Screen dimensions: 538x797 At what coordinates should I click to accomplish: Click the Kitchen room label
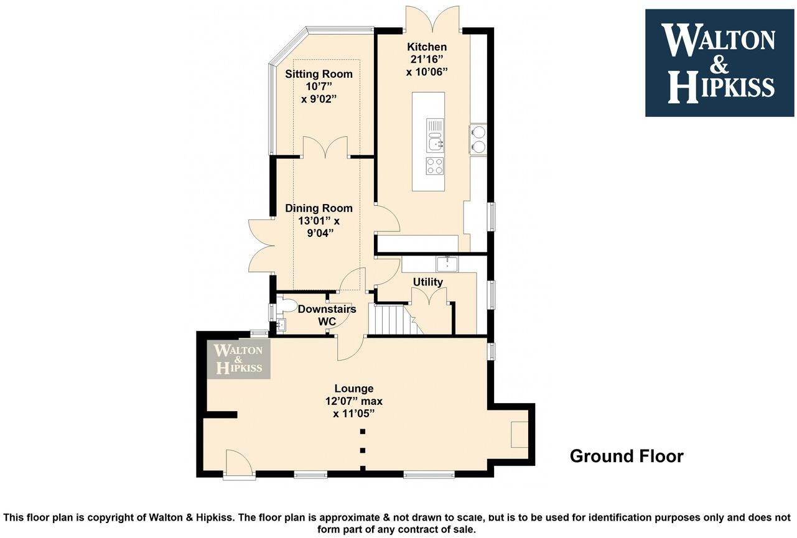(x=426, y=47)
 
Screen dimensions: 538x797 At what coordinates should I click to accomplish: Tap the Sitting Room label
(x=319, y=74)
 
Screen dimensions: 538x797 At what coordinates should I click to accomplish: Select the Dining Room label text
(x=319, y=208)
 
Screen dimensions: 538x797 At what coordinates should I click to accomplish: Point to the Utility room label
(x=428, y=282)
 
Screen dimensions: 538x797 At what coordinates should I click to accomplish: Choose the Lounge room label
(x=353, y=389)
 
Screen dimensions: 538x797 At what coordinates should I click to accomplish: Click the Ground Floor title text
(x=626, y=456)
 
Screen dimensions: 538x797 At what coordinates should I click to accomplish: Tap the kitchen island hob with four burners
(x=435, y=166)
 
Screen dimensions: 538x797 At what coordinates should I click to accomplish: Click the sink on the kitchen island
(x=435, y=142)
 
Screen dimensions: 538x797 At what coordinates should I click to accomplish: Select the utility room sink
(x=447, y=264)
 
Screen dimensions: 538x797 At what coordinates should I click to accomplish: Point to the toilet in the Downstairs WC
(x=287, y=305)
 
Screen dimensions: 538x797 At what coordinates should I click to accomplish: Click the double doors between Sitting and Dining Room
(x=324, y=147)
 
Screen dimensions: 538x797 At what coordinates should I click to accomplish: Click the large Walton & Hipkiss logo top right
(x=719, y=63)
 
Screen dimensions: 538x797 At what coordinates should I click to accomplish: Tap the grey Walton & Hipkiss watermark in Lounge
(x=239, y=359)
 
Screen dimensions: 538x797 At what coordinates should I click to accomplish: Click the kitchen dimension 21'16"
(x=426, y=60)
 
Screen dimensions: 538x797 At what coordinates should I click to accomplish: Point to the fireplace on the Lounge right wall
(x=519, y=434)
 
